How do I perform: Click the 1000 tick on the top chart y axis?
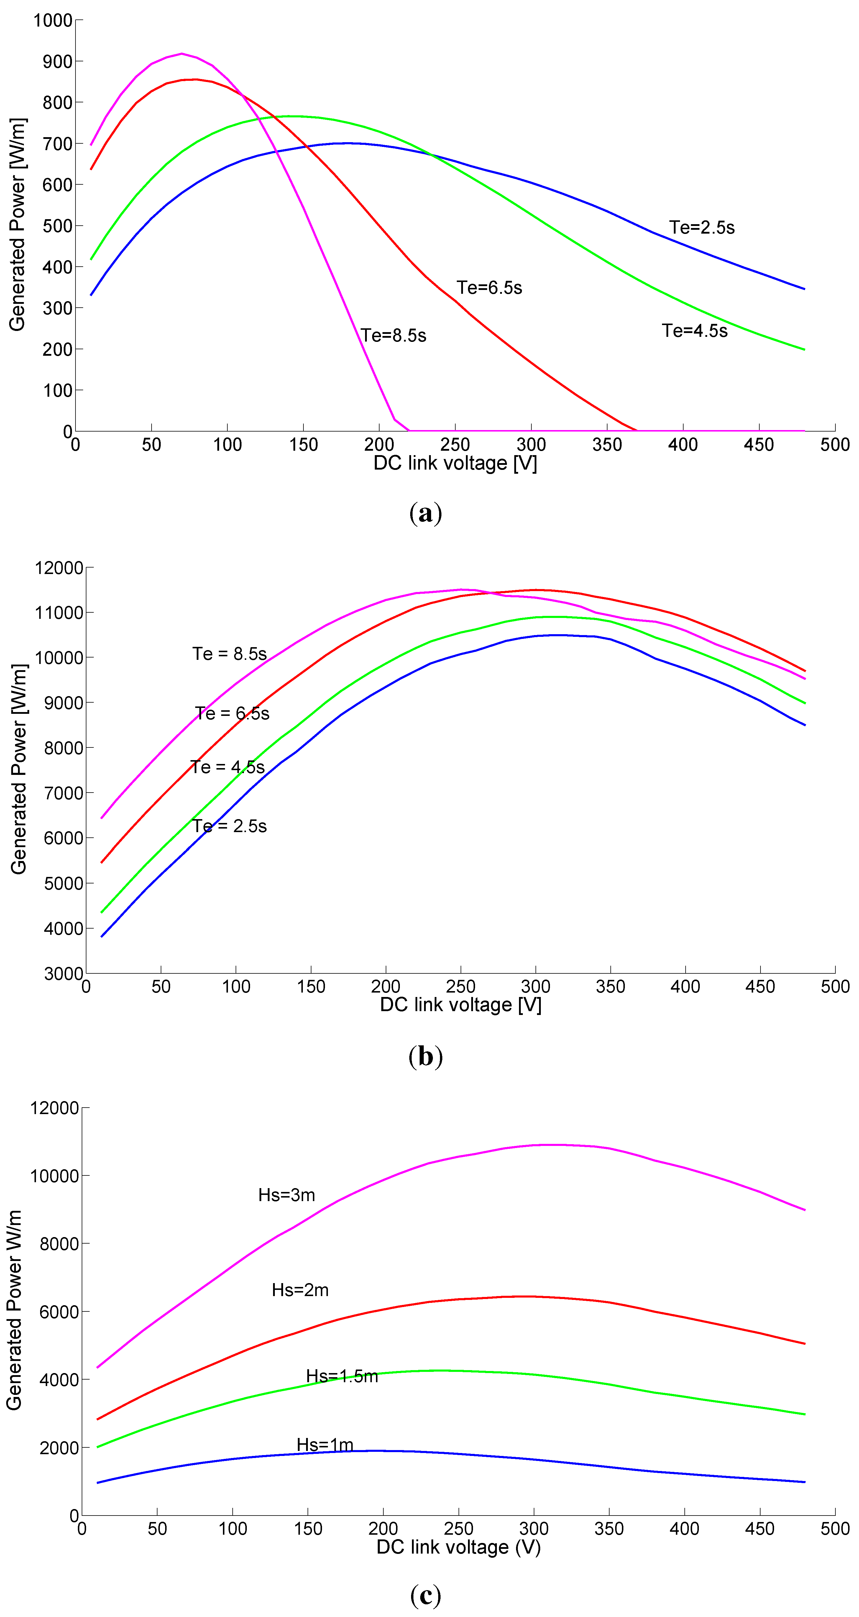tap(53, 21)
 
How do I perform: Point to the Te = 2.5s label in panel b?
tap(230, 826)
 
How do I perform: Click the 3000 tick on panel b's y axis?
tap(63, 974)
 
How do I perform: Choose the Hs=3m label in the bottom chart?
tap(287, 1195)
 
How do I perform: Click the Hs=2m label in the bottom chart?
tap(300, 1290)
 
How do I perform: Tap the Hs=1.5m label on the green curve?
tap(342, 1377)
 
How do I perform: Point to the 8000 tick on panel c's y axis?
tap(59, 1244)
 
